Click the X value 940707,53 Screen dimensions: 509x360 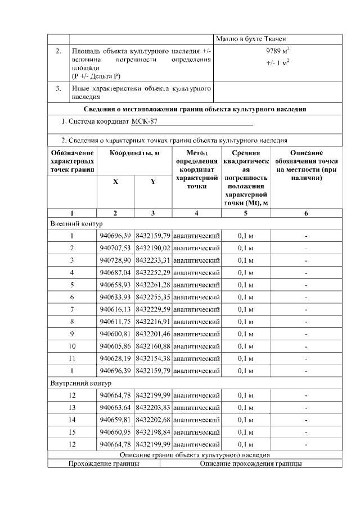pyautogui.click(x=115, y=248)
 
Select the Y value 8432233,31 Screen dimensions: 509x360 pyautogui.click(x=153, y=260)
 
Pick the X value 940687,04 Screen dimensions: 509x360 pyautogui.click(x=115, y=272)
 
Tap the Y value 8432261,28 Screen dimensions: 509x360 pyautogui.click(x=153, y=285)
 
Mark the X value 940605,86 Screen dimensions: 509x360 pyautogui.click(x=115, y=346)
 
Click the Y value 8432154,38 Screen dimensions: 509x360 pyautogui.click(x=153, y=358)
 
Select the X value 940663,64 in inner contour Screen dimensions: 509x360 pyautogui.click(x=115, y=408)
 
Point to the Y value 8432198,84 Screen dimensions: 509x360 pyautogui.click(x=153, y=432)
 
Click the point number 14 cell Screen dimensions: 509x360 pyautogui.click(x=72, y=420)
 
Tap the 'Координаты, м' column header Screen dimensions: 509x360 pyautogui.click(x=134, y=154)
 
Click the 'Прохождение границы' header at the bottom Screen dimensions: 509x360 pyautogui.click(x=103, y=464)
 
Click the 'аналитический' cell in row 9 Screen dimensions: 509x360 pyautogui.click(x=196, y=334)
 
